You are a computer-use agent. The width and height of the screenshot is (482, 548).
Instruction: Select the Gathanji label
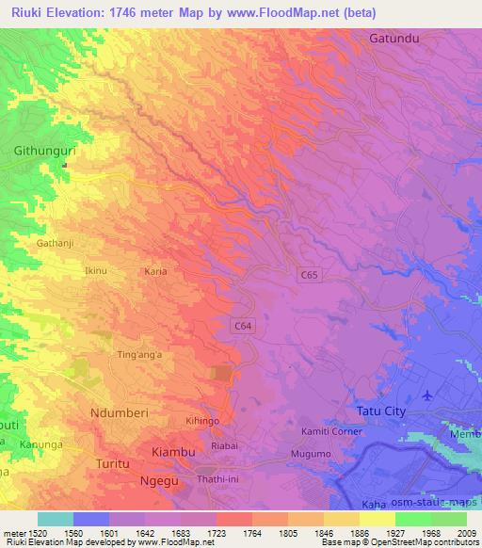pos(54,242)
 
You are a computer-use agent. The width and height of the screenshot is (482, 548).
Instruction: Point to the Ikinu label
pos(96,271)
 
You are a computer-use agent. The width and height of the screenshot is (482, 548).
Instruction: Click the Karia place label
pos(155,271)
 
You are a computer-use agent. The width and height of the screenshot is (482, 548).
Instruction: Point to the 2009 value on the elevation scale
pos(466,533)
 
